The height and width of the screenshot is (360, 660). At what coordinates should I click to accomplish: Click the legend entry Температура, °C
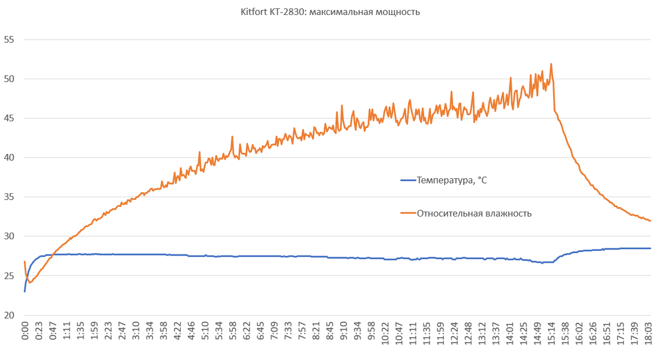click(x=452, y=180)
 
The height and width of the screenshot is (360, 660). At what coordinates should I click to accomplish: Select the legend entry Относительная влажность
click(x=474, y=213)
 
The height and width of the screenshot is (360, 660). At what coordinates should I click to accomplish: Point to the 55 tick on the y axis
click(x=9, y=40)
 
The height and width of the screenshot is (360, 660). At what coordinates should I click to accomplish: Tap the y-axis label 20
click(x=9, y=315)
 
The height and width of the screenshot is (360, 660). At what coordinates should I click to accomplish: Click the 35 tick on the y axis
click(x=9, y=197)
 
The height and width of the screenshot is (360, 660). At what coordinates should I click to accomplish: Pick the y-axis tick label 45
click(x=9, y=118)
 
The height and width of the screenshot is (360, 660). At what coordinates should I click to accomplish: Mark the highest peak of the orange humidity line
click(x=551, y=64)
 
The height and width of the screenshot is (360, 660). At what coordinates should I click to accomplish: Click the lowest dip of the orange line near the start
click(x=29, y=282)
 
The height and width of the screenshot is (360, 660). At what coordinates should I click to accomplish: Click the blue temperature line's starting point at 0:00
click(x=25, y=292)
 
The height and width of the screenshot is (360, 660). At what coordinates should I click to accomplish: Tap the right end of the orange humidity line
click(x=650, y=221)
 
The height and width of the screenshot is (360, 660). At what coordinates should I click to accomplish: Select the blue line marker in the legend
click(x=408, y=180)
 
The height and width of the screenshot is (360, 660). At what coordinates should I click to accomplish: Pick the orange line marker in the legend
click(x=408, y=213)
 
